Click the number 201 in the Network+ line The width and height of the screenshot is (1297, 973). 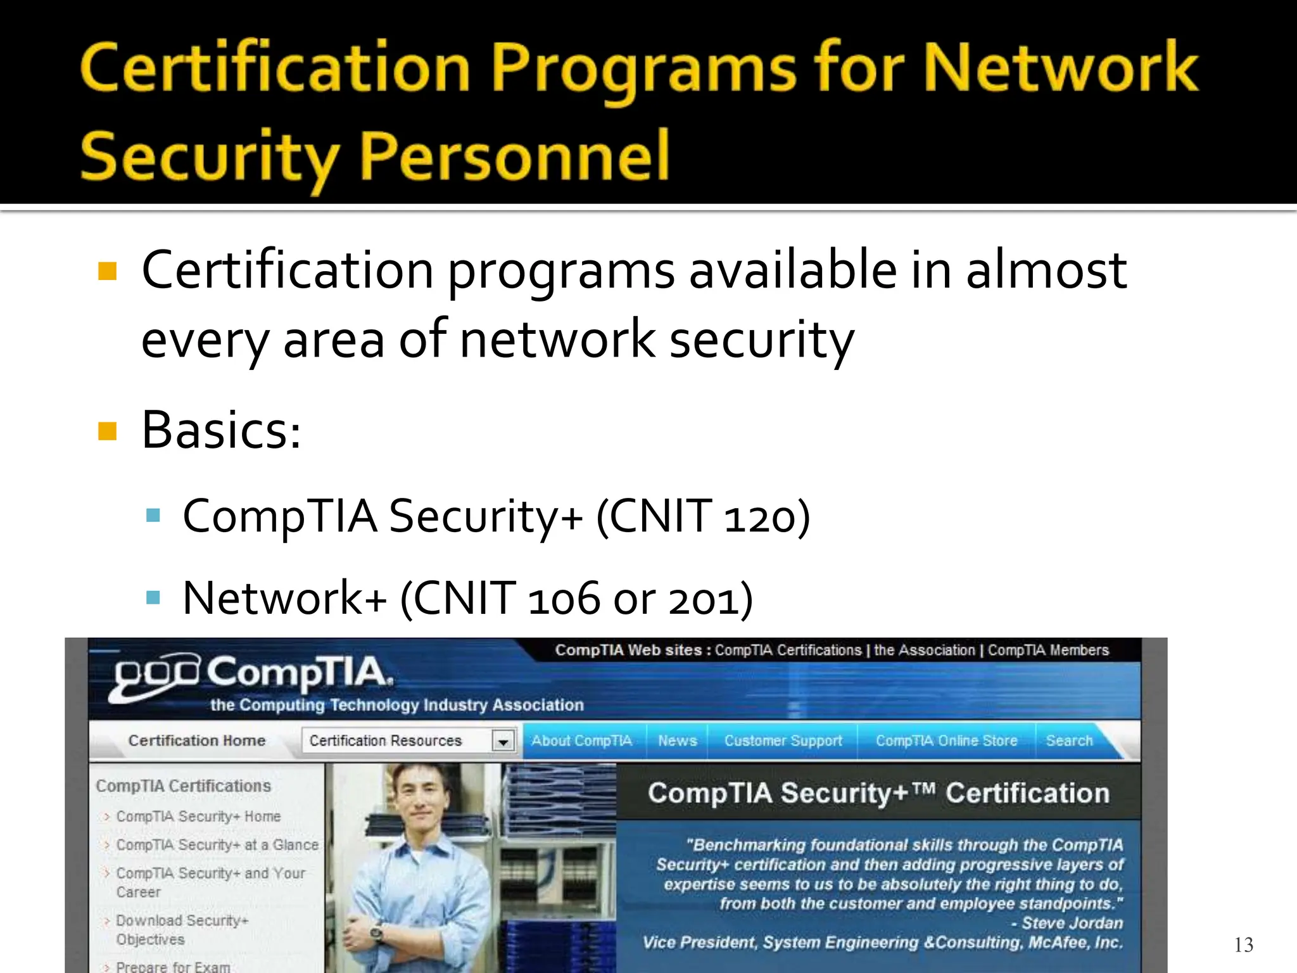[x=702, y=599]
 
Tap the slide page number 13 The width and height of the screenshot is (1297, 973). [x=1243, y=944]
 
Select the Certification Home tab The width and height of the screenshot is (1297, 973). [x=196, y=741]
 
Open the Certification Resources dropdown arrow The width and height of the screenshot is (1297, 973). [x=503, y=741]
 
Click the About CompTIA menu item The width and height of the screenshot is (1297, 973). [x=581, y=741]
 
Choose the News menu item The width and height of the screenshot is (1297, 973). [x=677, y=741]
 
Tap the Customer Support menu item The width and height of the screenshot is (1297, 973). [x=783, y=741]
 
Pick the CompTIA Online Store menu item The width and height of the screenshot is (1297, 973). [x=946, y=741]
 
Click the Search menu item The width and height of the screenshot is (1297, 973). [x=1069, y=741]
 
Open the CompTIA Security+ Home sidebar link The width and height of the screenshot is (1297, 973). [x=198, y=817]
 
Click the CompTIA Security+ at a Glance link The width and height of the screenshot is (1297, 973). [x=217, y=845]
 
